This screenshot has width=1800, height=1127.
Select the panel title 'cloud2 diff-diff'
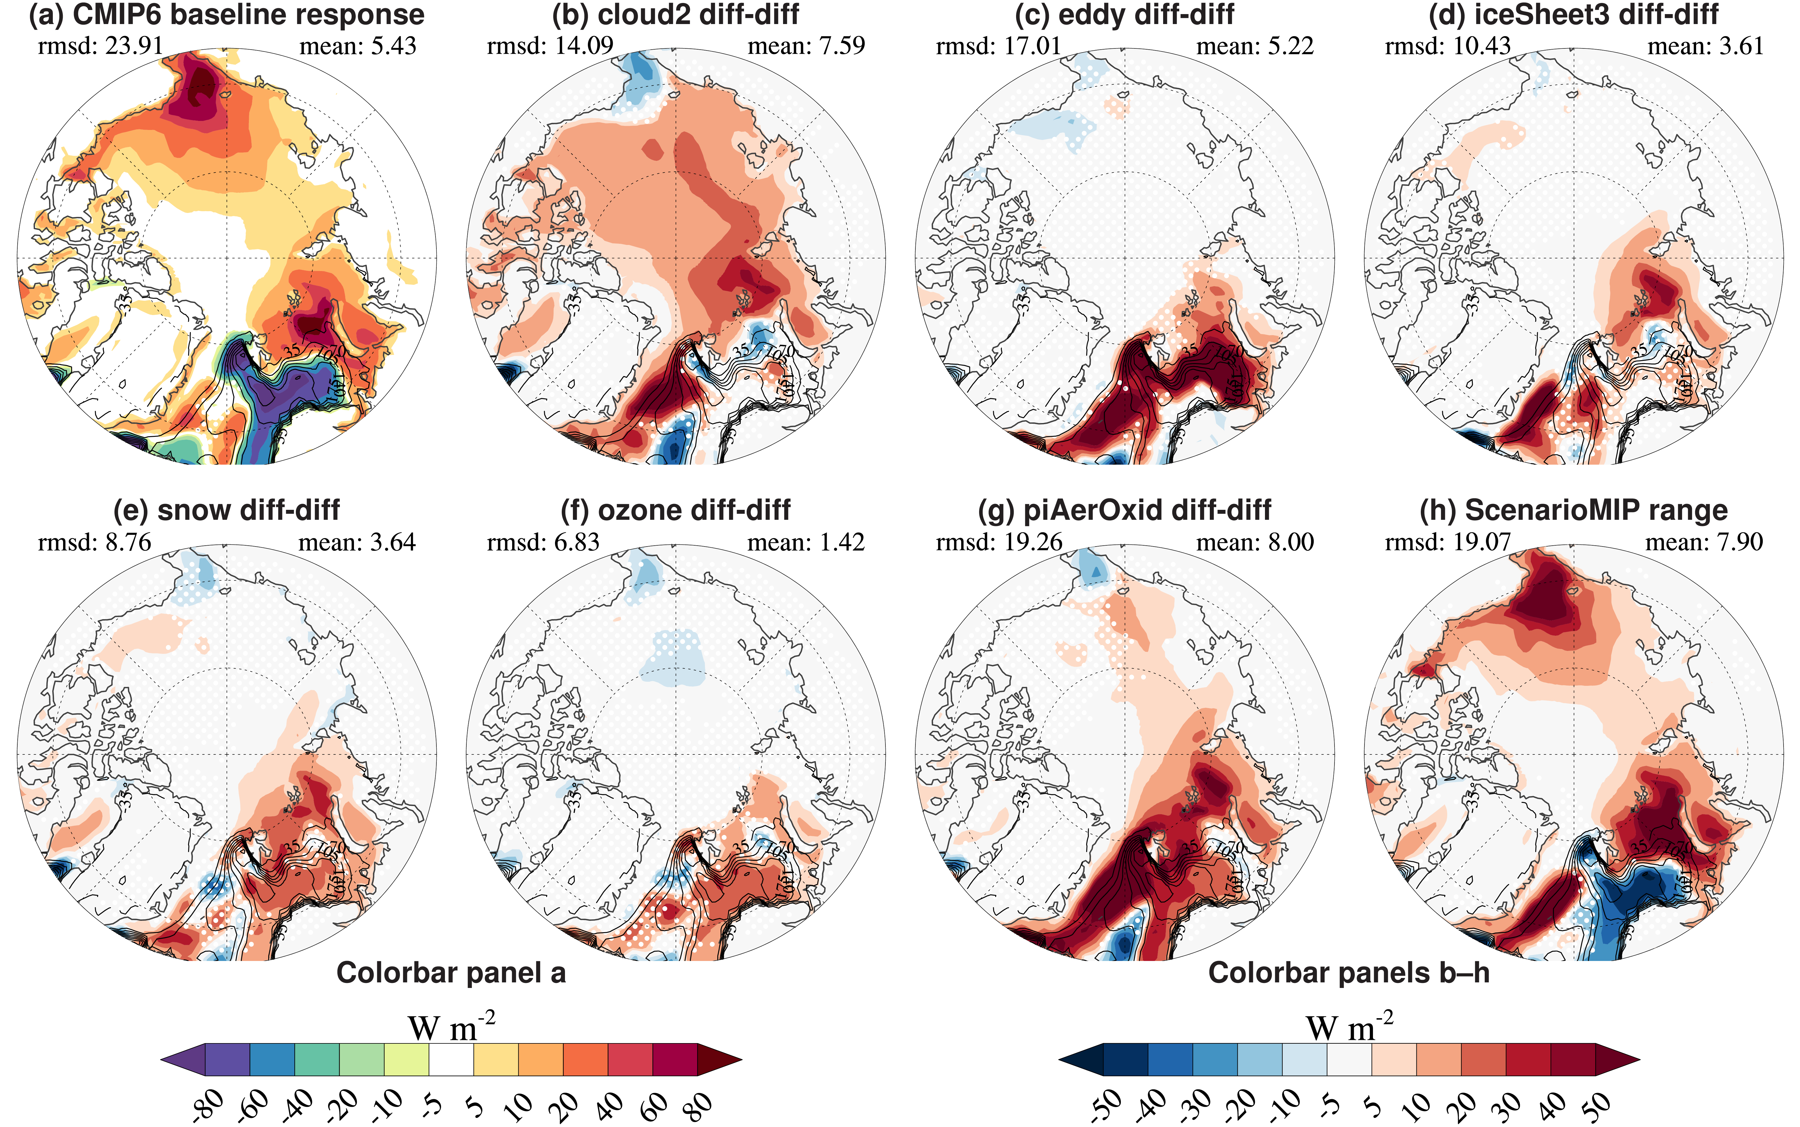[676, 15]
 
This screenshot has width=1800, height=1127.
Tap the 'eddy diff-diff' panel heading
[1124, 15]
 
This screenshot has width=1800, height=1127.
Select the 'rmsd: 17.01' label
[998, 46]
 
